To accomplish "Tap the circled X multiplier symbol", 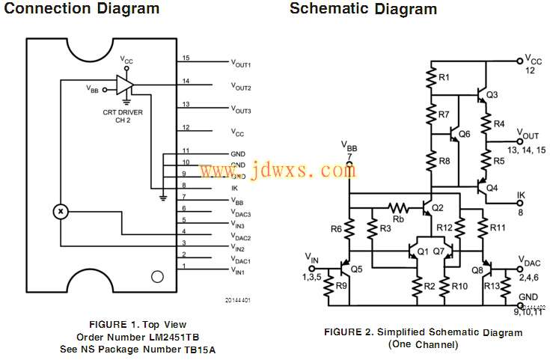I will click(59, 212).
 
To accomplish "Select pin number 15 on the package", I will click(186, 58).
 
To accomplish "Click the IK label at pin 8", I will click(234, 188).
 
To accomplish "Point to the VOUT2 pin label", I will click(240, 88).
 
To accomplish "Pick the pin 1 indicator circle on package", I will click(156, 277).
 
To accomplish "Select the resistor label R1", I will click(444, 77).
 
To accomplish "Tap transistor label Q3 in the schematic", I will click(492, 95).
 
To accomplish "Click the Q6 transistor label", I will click(464, 134).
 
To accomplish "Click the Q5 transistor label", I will click(356, 269).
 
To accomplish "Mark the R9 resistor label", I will click(341, 286).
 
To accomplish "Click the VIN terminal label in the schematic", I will click(312, 258).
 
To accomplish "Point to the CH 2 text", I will click(123, 120).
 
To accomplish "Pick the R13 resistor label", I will click(492, 286).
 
